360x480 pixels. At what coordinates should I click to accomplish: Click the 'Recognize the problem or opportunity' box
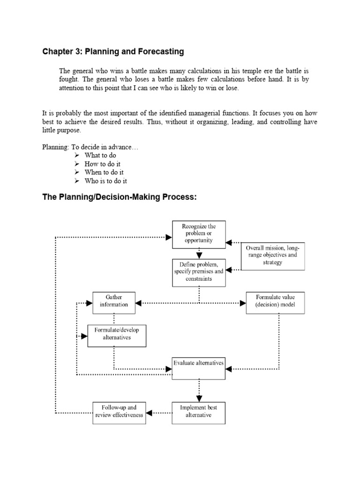199,233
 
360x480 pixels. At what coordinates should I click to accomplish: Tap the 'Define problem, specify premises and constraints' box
199,272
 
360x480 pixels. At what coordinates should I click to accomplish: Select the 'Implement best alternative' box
199,411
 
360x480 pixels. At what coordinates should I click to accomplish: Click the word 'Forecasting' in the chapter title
160,51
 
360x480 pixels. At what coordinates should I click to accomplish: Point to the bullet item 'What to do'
100,155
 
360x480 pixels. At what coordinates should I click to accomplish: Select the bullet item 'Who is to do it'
105,181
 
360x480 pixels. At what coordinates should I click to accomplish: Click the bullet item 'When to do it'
104,172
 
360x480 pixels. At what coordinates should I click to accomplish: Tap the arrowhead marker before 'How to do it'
77,164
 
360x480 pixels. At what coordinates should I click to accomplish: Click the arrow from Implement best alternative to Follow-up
159,413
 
